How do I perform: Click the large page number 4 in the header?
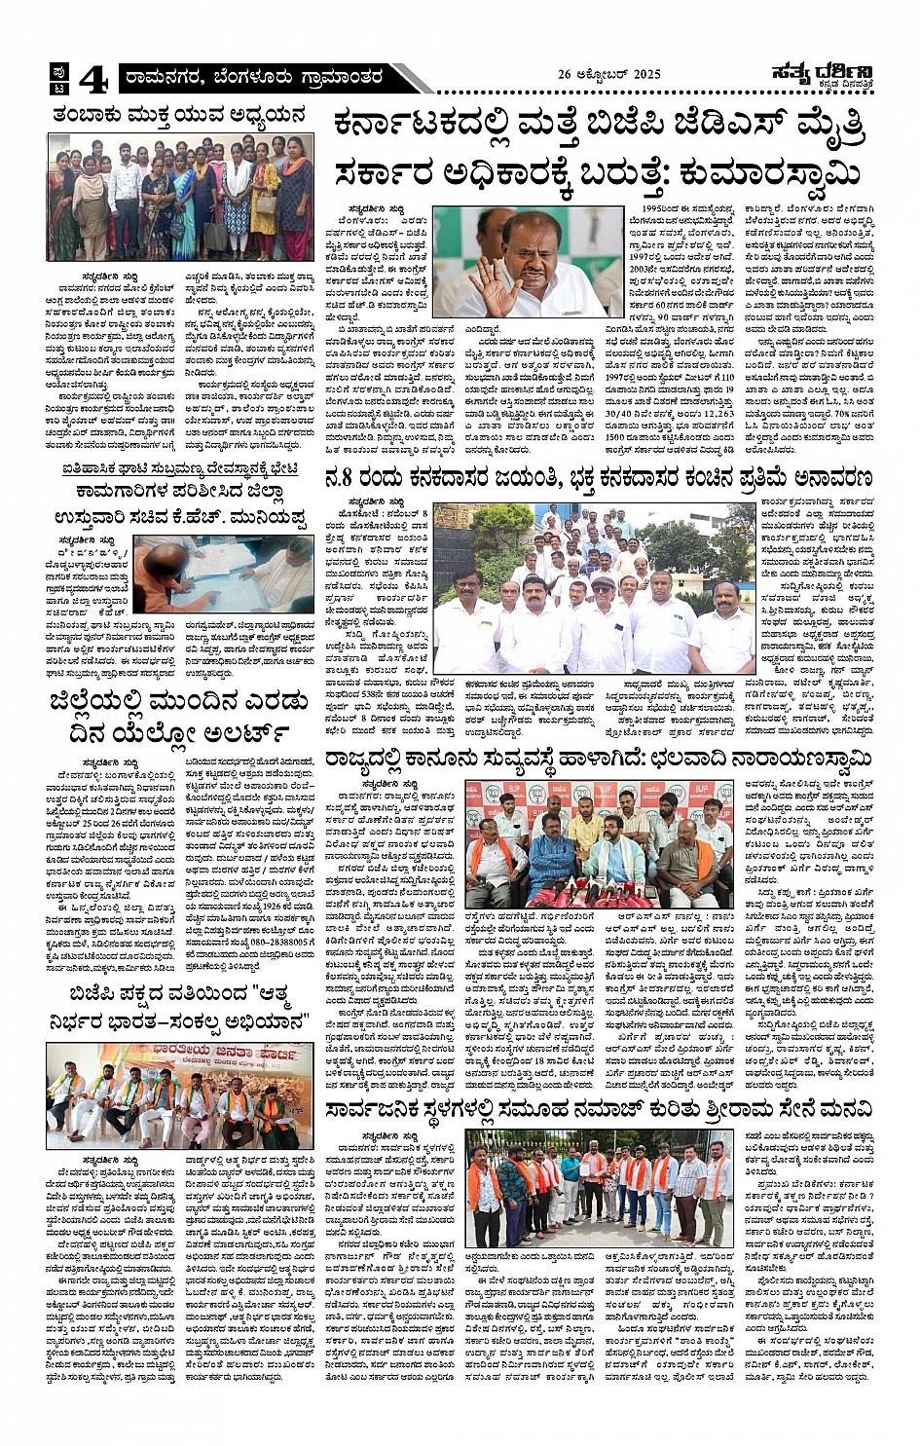point(92,78)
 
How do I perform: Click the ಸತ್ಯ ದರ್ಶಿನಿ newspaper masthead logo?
point(821,72)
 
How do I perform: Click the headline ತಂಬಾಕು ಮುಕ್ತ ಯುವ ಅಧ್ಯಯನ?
point(179,114)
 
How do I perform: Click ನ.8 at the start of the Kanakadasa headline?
point(343,479)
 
